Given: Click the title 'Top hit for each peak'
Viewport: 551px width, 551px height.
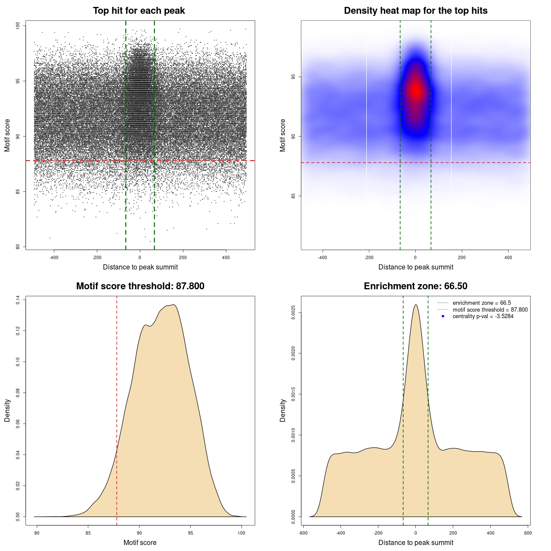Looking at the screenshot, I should (x=139, y=11).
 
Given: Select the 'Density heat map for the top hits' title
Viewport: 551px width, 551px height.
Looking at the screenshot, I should (x=415, y=11).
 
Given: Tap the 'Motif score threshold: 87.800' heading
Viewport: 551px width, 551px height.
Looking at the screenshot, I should (x=140, y=286).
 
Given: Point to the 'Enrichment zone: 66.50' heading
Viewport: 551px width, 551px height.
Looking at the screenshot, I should (x=415, y=286).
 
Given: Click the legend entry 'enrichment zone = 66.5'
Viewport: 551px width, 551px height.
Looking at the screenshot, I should (x=482, y=303).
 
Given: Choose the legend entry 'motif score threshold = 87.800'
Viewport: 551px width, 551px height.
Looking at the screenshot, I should (x=490, y=310).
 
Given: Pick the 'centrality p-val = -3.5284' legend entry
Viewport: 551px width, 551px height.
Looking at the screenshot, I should (x=483, y=316).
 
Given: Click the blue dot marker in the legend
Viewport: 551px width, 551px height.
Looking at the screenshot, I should (x=443, y=316).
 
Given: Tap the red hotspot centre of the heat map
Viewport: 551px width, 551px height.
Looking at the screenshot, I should (x=416, y=90).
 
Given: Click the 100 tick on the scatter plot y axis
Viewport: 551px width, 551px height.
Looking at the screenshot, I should (x=18, y=26).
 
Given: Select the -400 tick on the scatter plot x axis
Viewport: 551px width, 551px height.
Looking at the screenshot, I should (x=54, y=257).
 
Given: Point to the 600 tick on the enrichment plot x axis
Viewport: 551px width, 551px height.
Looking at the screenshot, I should (x=528, y=533).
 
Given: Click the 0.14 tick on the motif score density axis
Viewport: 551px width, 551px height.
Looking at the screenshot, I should (x=18, y=300).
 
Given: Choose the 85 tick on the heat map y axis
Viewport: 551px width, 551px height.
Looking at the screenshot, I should (x=294, y=196).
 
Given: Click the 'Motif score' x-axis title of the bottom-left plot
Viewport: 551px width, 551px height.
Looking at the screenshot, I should (x=140, y=542).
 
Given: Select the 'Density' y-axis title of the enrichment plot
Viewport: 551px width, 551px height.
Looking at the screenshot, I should (x=283, y=410).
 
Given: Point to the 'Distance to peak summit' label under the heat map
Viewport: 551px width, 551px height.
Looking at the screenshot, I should (x=415, y=267).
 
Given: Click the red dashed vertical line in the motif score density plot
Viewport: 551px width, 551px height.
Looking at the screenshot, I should (x=117, y=409).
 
